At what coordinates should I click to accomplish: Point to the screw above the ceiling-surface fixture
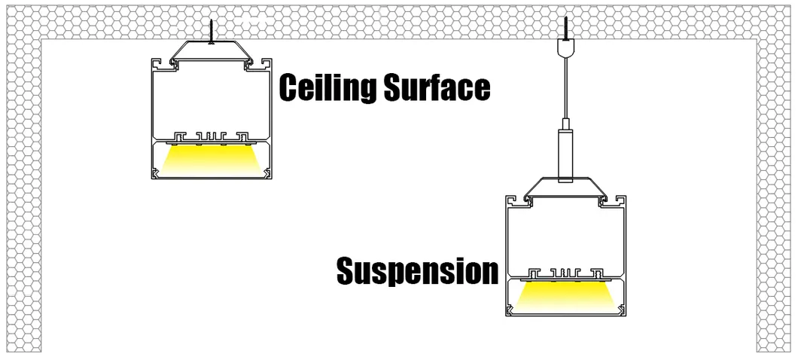212,31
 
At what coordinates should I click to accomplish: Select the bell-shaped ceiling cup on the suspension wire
565,48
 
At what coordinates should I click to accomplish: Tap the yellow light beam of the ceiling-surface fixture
209,159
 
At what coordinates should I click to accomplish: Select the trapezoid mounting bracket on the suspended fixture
565,187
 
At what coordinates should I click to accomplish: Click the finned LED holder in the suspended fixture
565,271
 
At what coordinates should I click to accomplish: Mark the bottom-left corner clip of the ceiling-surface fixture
156,174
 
